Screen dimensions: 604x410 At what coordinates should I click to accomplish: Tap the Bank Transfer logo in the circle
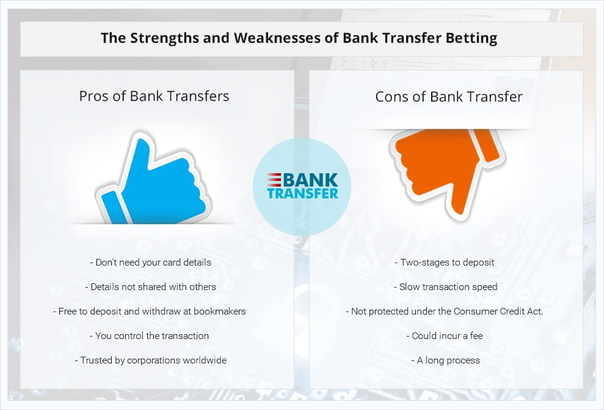pos(302,185)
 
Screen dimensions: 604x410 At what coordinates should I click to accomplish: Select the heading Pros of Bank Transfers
pos(154,96)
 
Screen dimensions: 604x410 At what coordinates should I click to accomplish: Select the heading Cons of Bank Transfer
pos(449,97)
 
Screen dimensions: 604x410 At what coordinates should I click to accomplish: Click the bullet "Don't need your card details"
pos(151,263)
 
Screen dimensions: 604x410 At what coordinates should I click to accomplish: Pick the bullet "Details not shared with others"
pos(151,287)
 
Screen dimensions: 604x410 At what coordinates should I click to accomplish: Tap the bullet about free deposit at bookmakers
pos(150,311)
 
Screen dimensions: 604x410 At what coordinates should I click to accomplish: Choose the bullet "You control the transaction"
pos(150,336)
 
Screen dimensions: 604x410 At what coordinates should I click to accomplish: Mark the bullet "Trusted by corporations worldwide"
pos(151,360)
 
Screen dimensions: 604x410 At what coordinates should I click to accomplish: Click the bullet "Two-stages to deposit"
pos(445,263)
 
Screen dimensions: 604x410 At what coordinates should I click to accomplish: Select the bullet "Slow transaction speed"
pos(446,287)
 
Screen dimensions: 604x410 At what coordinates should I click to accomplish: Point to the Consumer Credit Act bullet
pos(445,311)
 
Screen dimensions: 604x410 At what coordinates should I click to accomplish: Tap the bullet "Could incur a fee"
pos(445,336)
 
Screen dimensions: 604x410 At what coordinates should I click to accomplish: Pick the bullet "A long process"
pos(446,360)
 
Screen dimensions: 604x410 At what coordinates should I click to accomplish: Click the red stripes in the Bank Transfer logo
pos(274,180)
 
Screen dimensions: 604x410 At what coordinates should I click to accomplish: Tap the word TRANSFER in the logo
pos(303,193)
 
